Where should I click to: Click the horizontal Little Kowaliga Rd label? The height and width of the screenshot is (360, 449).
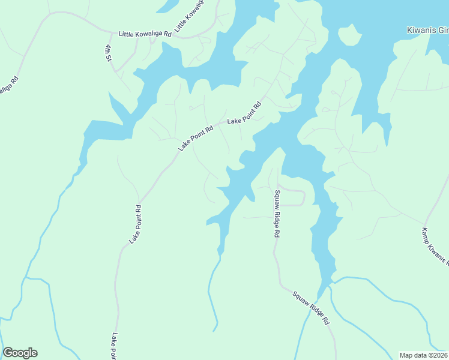[145, 34]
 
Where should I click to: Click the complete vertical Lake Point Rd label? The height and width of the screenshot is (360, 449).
[135, 224]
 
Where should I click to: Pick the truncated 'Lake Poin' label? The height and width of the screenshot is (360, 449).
[113, 347]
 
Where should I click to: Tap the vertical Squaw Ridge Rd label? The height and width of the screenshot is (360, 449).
[277, 214]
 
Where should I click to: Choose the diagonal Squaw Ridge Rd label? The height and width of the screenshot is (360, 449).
[312, 308]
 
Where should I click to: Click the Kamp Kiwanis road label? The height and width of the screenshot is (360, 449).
[435, 246]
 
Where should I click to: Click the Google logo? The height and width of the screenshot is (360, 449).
[20, 353]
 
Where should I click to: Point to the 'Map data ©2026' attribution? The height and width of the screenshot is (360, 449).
[424, 355]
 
